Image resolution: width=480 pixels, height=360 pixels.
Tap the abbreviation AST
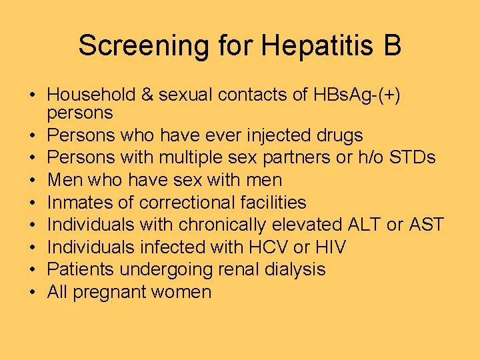tap(425, 225)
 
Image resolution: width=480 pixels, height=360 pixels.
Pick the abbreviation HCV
tap(267, 247)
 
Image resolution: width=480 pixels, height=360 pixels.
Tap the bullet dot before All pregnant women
tap(32, 292)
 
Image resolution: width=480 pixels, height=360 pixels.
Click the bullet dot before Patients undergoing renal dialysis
tap(32, 269)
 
